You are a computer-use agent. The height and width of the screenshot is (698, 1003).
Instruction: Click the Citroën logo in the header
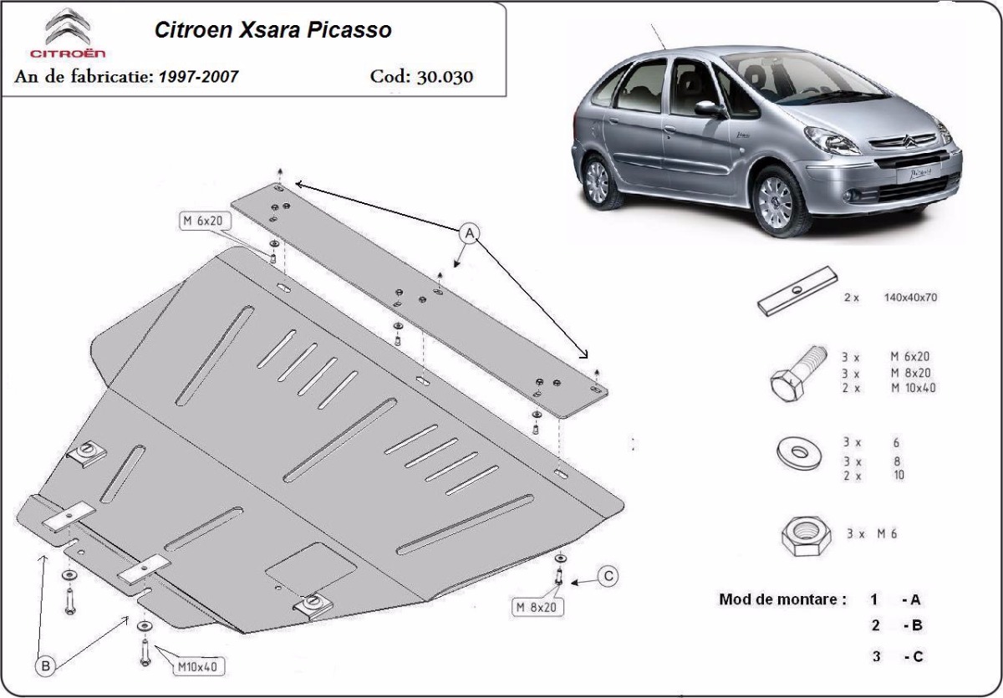tap(74, 33)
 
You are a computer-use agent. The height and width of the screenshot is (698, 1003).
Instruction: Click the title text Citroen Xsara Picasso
tap(272, 31)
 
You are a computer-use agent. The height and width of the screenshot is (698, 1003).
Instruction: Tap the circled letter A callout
tap(470, 232)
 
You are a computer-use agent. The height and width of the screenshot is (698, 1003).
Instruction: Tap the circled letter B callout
tap(46, 665)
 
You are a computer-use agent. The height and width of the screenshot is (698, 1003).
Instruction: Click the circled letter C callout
tap(608, 575)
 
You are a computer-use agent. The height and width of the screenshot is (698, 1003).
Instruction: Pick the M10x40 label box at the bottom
tap(196, 666)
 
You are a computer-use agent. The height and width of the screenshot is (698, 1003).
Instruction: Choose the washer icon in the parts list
tap(798, 452)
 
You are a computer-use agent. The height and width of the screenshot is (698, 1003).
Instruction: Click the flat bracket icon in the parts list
tap(798, 291)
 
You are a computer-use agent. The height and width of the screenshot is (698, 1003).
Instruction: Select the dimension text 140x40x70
tap(910, 298)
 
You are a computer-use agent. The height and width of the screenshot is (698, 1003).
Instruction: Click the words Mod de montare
tap(782, 599)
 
